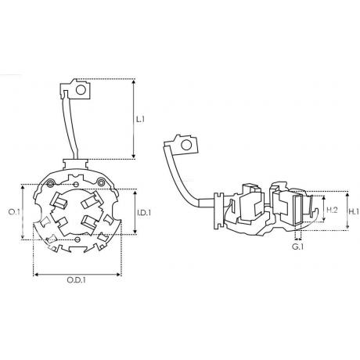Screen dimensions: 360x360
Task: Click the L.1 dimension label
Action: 140,120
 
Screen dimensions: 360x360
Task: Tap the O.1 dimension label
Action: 14,212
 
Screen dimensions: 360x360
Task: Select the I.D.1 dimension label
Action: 144,213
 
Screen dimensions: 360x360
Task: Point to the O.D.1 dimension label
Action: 77,280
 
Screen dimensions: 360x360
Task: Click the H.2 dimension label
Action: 333,210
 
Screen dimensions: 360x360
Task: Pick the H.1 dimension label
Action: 354,211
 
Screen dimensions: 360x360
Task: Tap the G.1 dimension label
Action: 297,247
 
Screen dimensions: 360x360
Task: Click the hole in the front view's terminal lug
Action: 81,90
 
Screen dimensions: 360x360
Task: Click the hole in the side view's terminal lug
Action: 186,145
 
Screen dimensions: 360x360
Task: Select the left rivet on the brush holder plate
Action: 50,183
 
